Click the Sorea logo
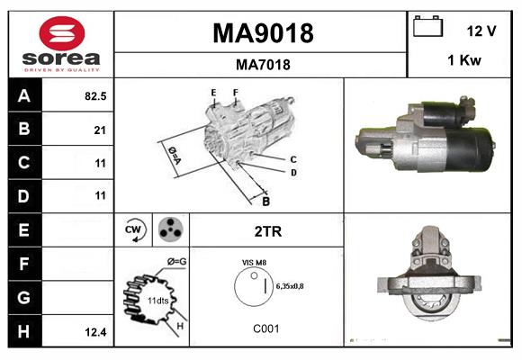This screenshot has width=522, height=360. click(x=61, y=45)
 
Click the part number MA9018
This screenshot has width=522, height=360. click(x=262, y=33)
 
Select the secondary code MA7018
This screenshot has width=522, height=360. click(x=262, y=64)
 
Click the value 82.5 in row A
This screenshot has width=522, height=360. click(x=94, y=95)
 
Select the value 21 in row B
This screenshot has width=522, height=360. click(x=100, y=130)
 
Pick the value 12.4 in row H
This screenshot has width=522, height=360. click(x=96, y=332)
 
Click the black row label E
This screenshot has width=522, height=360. click(x=23, y=230)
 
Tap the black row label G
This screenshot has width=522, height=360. click(x=23, y=298)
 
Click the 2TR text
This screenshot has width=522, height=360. click(x=268, y=231)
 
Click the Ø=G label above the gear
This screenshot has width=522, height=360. click(x=176, y=262)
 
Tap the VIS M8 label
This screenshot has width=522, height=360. click(x=254, y=262)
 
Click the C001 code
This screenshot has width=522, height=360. click(x=265, y=328)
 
